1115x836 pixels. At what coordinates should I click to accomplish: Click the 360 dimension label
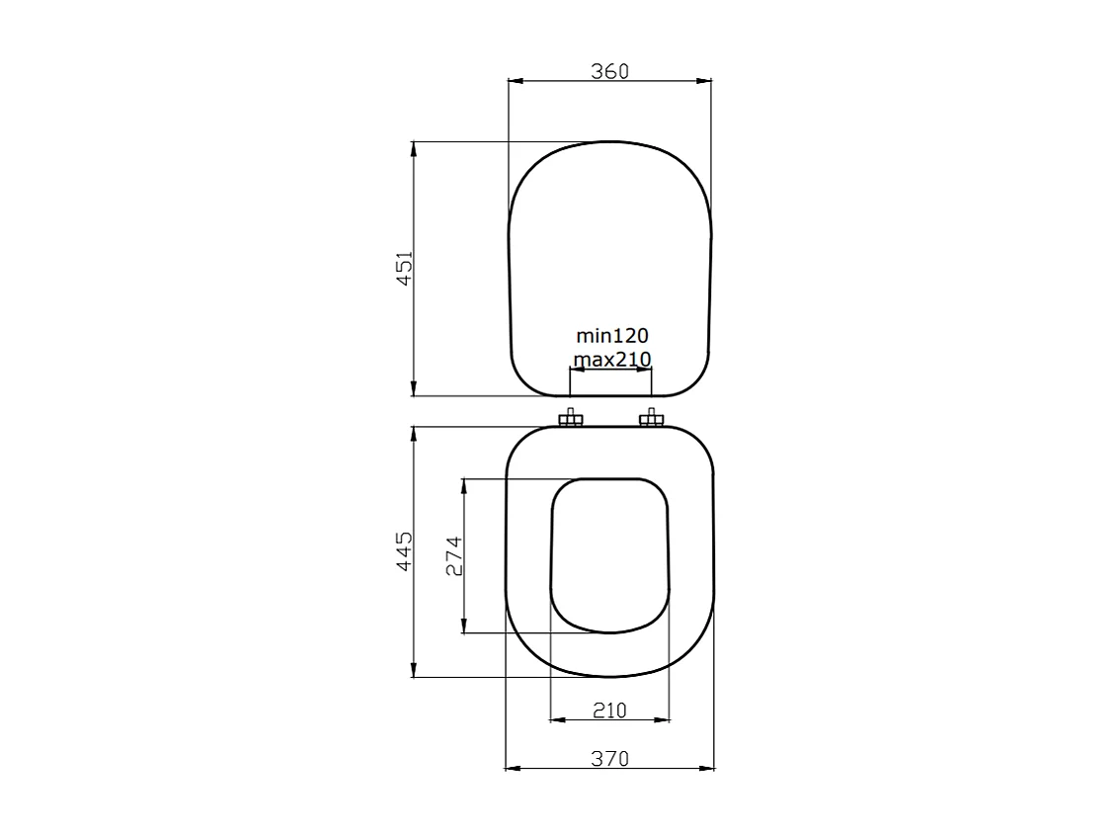click(x=609, y=71)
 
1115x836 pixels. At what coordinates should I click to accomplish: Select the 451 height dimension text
click(x=403, y=269)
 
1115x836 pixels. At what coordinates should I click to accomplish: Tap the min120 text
click(x=611, y=337)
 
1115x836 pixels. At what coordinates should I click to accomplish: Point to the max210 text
click(x=611, y=359)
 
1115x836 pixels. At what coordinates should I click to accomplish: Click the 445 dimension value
click(x=403, y=551)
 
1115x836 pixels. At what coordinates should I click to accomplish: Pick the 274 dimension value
click(x=453, y=555)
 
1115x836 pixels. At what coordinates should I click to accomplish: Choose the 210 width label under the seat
click(x=609, y=710)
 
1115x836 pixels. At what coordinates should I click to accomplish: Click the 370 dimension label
click(x=609, y=759)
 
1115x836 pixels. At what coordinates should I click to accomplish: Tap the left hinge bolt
click(x=571, y=420)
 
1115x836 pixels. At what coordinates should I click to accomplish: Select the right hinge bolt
click(x=651, y=420)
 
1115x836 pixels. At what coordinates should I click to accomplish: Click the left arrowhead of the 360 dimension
click(x=513, y=82)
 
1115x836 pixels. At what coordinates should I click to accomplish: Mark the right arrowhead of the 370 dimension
click(x=708, y=768)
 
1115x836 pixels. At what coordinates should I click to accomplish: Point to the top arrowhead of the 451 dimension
click(x=413, y=147)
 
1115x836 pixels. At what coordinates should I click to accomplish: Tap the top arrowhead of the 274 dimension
click(x=463, y=484)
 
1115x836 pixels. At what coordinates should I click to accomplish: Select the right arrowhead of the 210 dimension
click(x=664, y=718)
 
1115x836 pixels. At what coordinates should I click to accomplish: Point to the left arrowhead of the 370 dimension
click(x=511, y=768)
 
